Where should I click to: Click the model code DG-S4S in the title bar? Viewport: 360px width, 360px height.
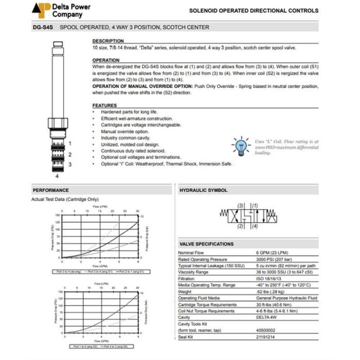[x=42, y=27]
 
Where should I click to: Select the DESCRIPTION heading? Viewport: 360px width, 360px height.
[x=108, y=41]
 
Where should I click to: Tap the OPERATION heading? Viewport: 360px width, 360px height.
[x=105, y=60]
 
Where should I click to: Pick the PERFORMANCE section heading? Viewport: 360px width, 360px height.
[x=50, y=190]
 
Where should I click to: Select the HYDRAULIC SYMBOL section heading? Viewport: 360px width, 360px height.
[x=203, y=190]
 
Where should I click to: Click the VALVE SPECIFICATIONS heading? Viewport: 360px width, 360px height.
[x=206, y=244]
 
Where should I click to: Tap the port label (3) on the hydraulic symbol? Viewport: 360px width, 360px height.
[x=240, y=206]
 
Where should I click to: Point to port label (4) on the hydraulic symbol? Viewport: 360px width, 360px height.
[x=254, y=226]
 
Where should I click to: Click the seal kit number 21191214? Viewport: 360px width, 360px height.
[x=267, y=337]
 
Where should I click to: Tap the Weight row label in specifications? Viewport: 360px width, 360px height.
[x=185, y=292]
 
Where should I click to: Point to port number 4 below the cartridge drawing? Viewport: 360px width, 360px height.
[x=58, y=176]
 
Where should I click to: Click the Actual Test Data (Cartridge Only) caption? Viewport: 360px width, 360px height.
[x=65, y=199]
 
